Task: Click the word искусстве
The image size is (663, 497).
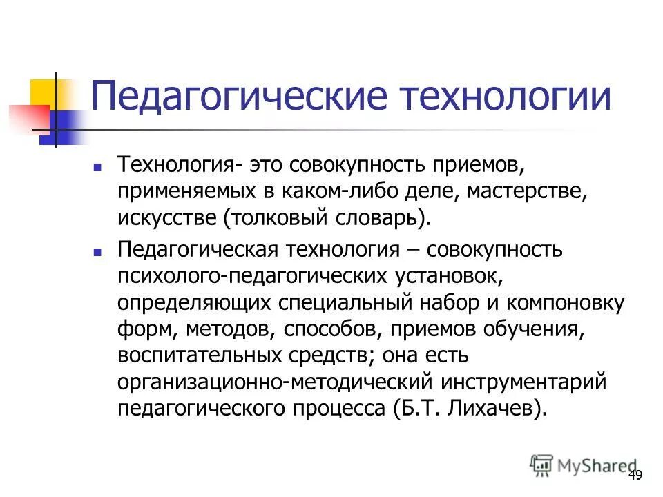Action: pos(166,217)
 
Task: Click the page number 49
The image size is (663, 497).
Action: pos(635,475)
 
